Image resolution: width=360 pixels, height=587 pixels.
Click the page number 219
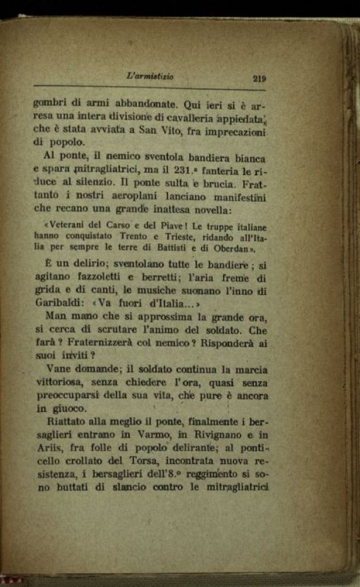click(x=259, y=79)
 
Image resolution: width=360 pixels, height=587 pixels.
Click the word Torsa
click(x=144, y=461)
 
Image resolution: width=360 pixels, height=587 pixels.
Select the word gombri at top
click(x=50, y=104)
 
